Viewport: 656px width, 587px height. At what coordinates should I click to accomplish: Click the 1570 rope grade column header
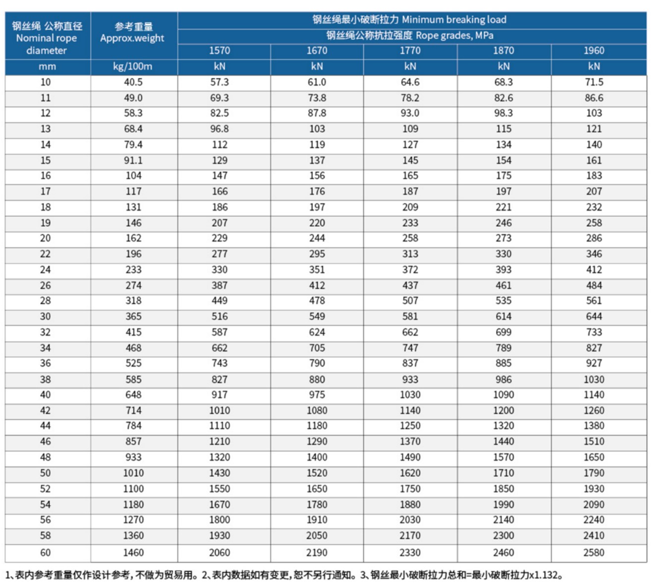pos(219,50)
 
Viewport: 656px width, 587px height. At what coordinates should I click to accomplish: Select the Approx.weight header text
pos(132,38)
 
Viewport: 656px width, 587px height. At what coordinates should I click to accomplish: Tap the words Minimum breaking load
pos(454,20)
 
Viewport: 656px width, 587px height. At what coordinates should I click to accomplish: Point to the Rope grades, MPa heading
pos(454,35)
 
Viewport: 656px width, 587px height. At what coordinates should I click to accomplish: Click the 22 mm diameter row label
pos(45,254)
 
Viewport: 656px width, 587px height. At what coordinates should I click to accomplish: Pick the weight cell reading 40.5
pos(133,82)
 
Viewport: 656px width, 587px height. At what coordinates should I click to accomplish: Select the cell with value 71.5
pos(594,82)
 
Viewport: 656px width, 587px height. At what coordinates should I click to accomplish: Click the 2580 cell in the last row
pos(594,552)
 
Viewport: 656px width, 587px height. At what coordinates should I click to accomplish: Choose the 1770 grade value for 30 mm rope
pos(410,316)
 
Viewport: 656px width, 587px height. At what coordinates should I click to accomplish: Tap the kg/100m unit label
pos(132,67)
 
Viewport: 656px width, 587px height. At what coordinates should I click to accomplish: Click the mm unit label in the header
pos(47,67)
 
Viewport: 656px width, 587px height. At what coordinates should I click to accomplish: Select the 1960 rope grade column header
pos(594,50)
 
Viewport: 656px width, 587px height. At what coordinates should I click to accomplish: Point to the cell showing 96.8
pos(219,129)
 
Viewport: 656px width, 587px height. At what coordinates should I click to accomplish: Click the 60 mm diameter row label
pos(45,552)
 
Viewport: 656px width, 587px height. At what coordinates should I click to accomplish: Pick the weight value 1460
pos(133,552)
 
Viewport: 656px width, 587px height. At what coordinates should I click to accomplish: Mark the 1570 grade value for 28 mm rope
pos(219,301)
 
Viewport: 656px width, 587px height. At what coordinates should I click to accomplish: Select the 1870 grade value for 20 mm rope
pos(503,238)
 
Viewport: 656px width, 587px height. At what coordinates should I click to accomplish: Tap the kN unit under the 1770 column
pos(410,67)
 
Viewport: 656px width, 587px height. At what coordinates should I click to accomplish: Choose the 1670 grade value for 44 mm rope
pos(317,426)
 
